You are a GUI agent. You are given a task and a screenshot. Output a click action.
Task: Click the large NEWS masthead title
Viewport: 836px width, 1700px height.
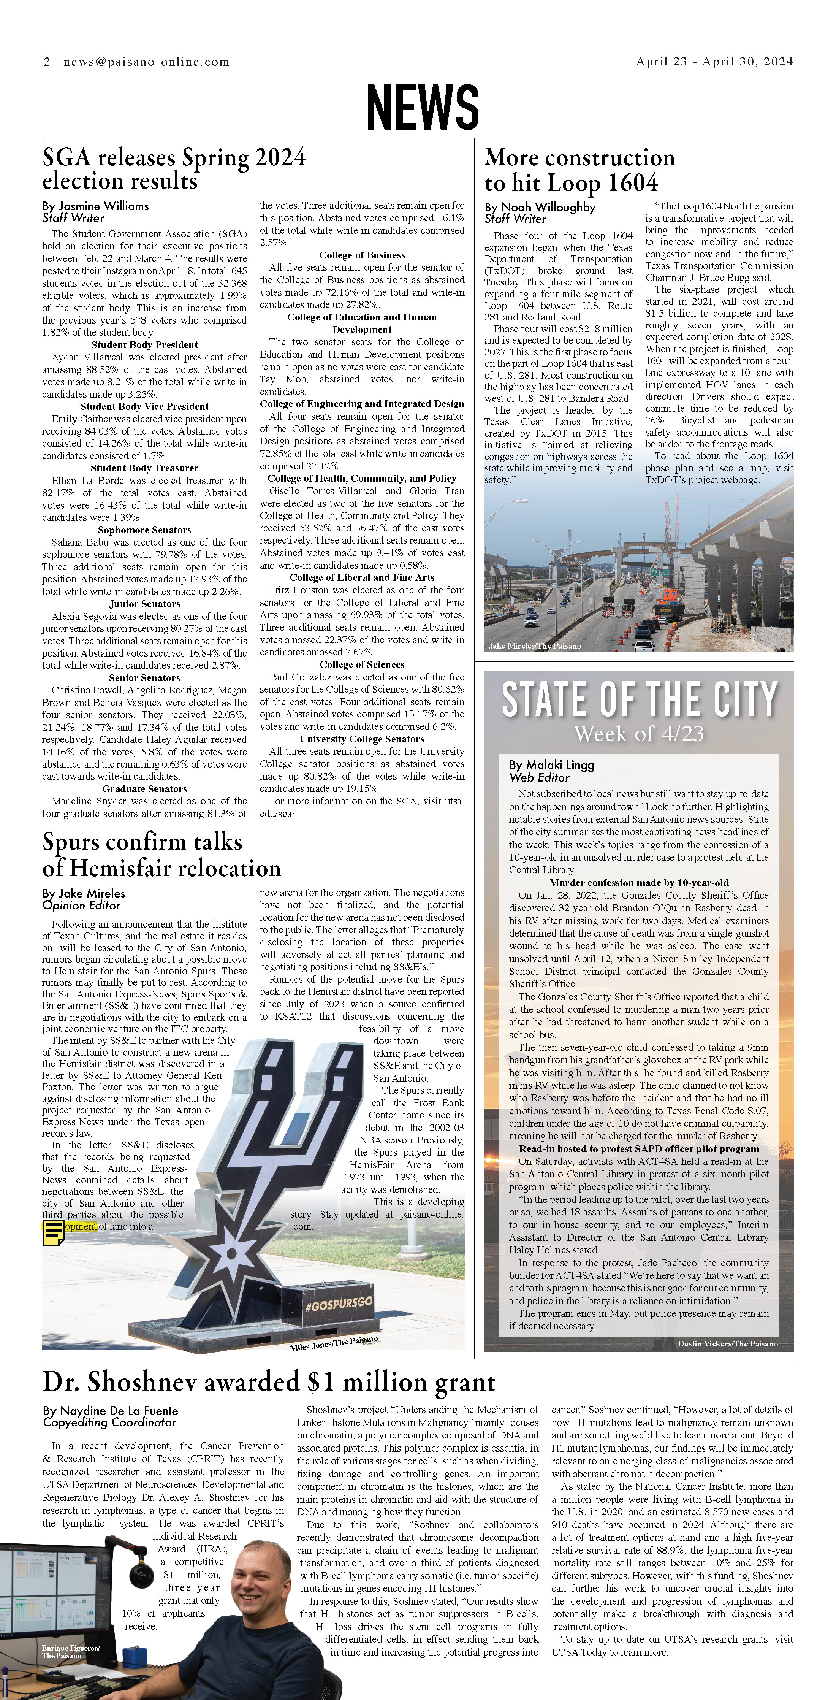422,107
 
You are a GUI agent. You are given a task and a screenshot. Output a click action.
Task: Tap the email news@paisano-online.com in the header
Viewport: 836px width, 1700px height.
146,62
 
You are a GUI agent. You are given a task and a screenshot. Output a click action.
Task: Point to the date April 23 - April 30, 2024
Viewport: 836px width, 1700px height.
714,61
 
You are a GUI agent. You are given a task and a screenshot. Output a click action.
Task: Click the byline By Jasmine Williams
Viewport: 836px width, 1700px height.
96,206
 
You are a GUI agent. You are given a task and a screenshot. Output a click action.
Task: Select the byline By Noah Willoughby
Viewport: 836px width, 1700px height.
540,207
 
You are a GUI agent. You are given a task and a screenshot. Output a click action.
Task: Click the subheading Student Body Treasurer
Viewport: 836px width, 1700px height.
144,468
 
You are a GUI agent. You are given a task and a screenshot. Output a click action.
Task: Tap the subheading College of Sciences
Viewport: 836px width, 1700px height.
362,664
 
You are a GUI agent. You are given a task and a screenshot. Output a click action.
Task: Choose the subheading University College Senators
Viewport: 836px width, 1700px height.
362,739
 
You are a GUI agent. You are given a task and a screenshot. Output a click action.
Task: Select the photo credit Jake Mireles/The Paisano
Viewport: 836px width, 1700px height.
534,646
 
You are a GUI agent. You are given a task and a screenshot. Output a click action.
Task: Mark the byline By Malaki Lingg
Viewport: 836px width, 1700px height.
552,765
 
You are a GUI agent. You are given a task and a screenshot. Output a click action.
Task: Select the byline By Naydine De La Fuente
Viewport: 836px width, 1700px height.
110,1411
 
